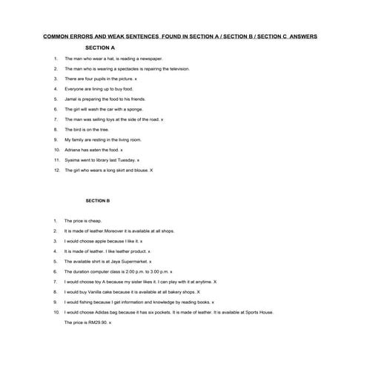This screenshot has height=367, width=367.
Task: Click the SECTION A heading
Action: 100,47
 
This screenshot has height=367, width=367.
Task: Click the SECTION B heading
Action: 97,200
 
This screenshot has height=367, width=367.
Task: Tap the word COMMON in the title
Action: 56,35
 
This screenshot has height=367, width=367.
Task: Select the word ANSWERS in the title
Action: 303,35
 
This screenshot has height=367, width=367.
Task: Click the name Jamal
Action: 71,99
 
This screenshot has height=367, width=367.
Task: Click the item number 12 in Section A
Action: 56,171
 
